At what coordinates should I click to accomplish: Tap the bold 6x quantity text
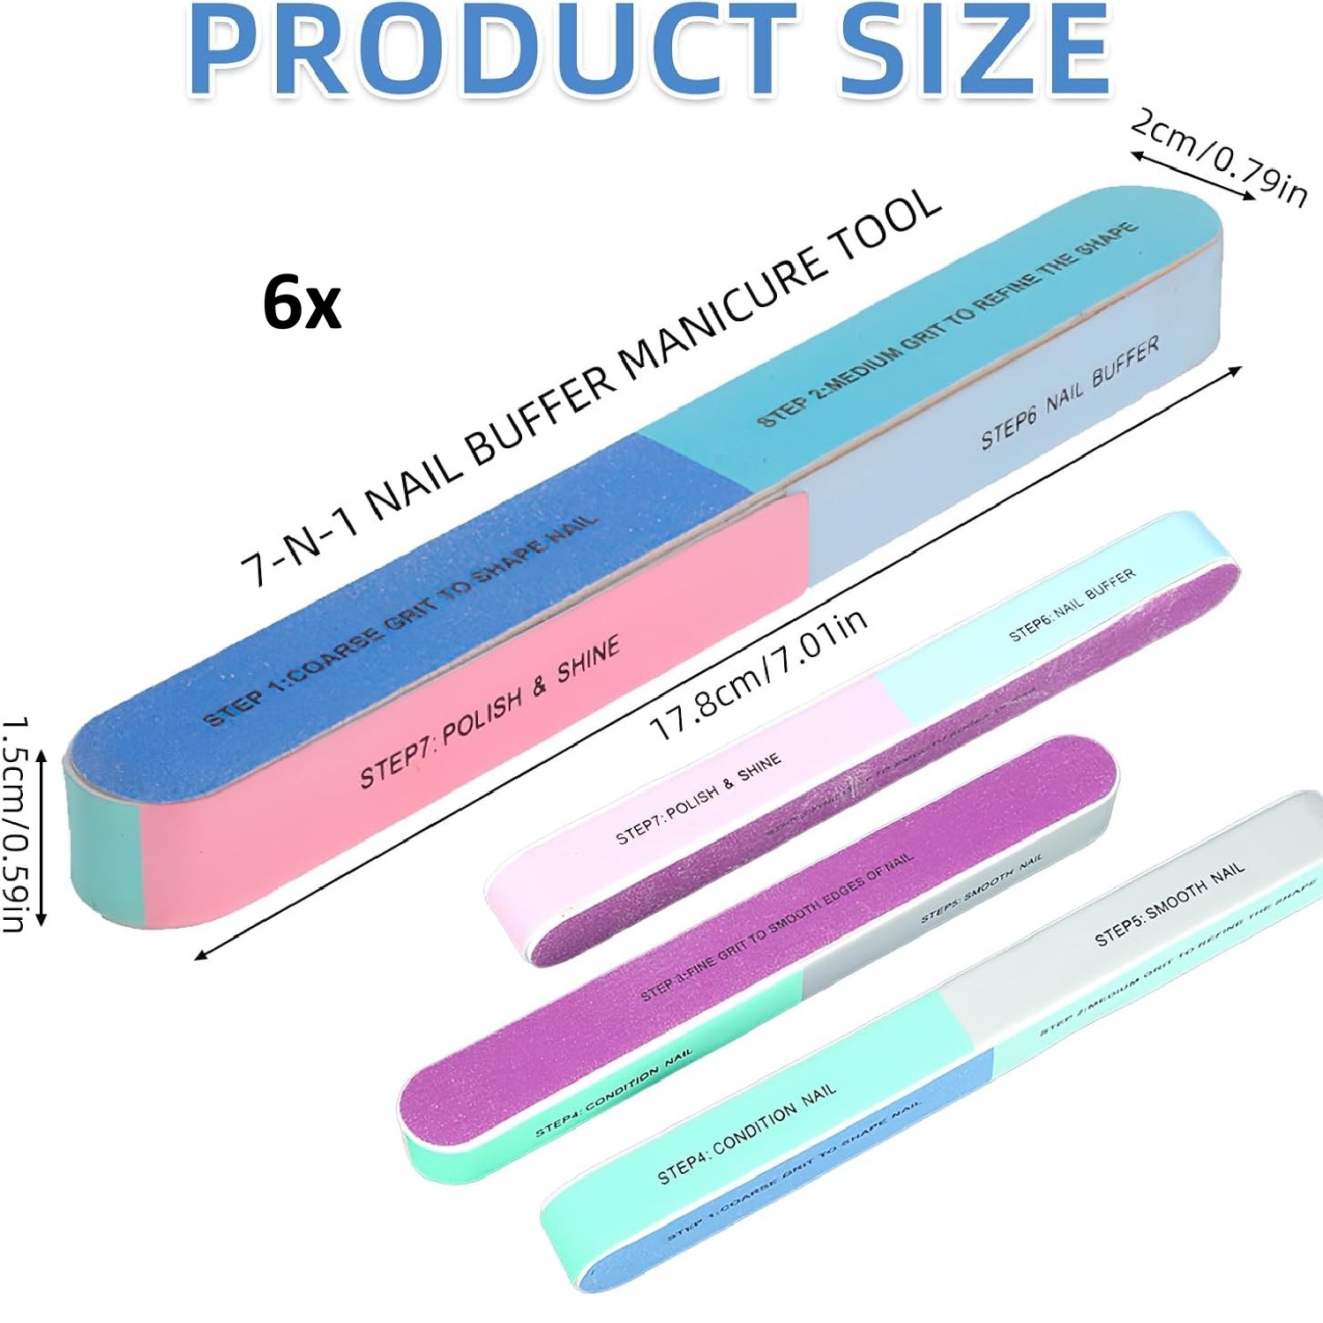pyautogui.click(x=302, y=303)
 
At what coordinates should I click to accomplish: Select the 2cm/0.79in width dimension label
pyautogui.click(x=1220, y=157)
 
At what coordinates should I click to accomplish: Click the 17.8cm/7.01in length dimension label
pyautogui.click(x=759, y=675)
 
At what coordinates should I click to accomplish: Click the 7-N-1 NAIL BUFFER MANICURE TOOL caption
pyautogui.click(x=591, y=388)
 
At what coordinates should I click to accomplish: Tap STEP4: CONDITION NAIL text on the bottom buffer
pyautogui.click(x=746, y=1133)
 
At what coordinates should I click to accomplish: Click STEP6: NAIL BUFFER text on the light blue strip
pyautogui.click(x=1072, y=605)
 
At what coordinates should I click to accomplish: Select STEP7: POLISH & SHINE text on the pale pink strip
pyautogui.click(x=698, y=798)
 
